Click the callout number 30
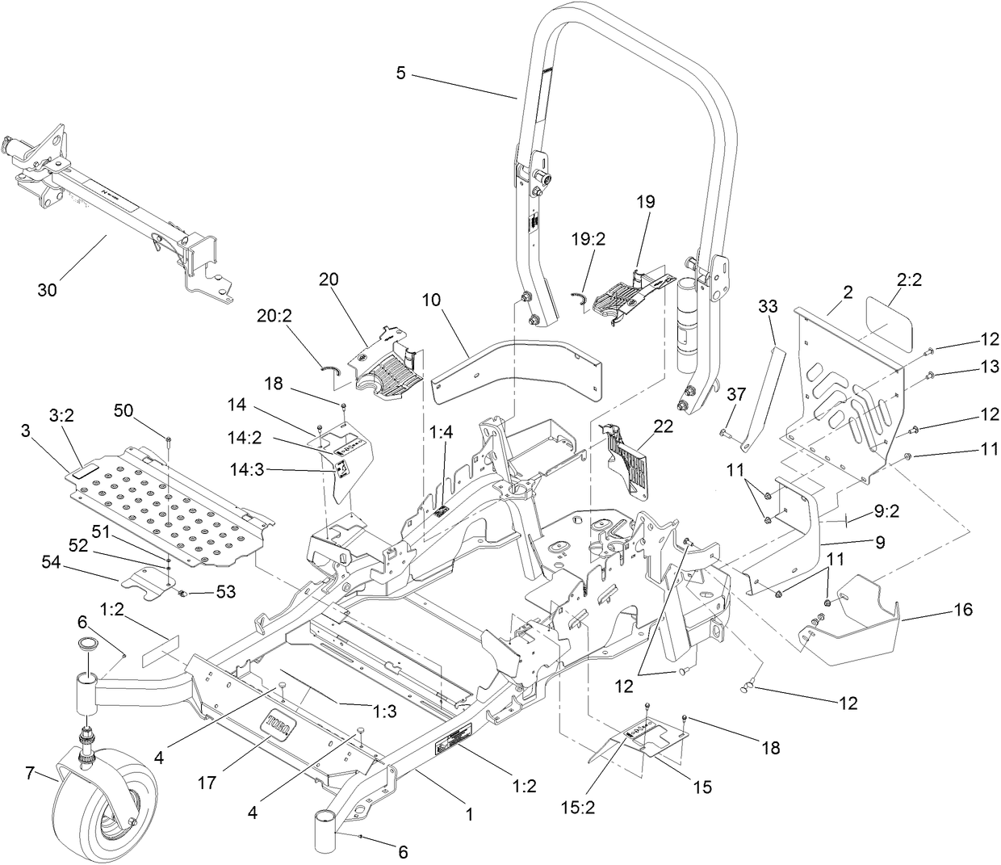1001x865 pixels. click(47, 289)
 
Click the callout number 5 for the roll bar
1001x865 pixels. click(401, 72)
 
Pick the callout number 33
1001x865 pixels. click(768, 306)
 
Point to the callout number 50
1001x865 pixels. click(123, 409)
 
